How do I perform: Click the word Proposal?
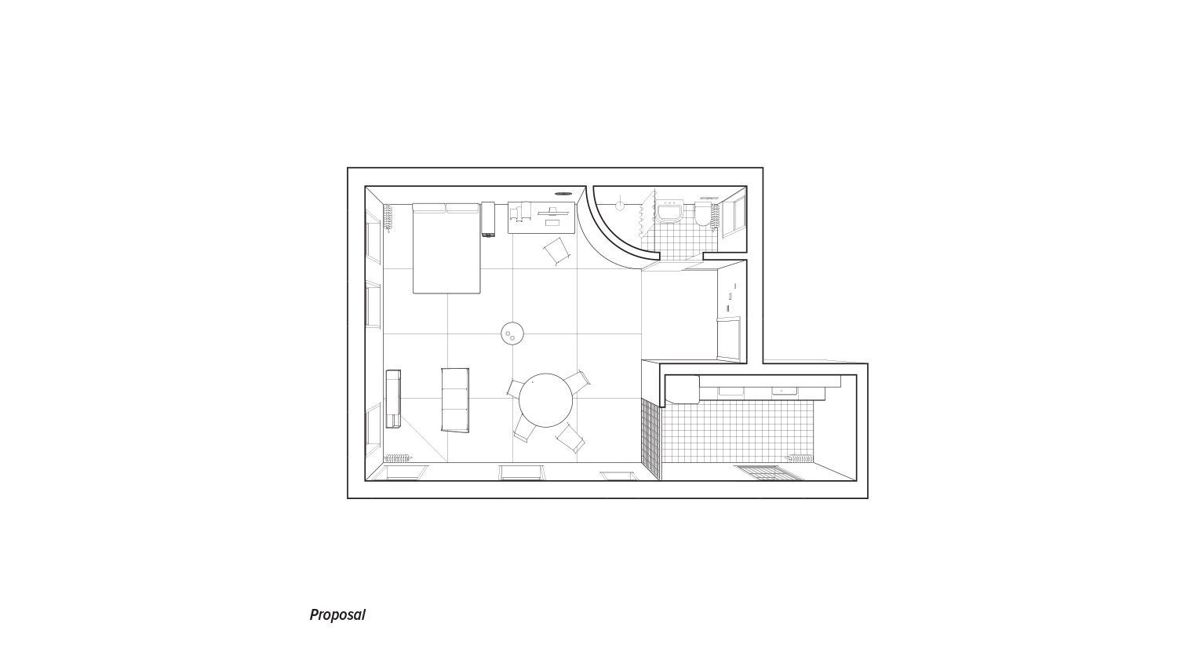coord(337,615)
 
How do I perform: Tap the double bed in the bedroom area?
coord(446,248)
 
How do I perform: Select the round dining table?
coord(545,400)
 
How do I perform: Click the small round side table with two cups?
coord(512,333)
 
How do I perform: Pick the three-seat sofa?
coord(455,400)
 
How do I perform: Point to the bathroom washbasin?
coord(669,213)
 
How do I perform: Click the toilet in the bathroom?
coord(702,214)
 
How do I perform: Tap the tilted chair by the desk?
coord(556,251)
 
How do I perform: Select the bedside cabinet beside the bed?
coord(488,220)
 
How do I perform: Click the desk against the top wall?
coord(541,217)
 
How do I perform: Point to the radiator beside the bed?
coord(388,218)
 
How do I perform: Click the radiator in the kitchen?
coord(800,458)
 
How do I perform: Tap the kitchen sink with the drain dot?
coord(783,392)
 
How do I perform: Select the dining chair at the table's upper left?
coord(515,388)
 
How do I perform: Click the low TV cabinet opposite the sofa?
coord(393,399)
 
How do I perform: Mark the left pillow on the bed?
coord(429,208)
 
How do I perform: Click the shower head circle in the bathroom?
coord(620,206)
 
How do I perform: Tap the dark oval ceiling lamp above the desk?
coord(564,193)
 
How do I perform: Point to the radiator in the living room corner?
coord(399,458)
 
